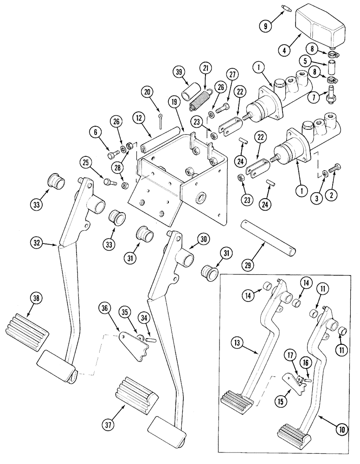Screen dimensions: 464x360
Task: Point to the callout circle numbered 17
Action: click(x=289, y=357)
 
